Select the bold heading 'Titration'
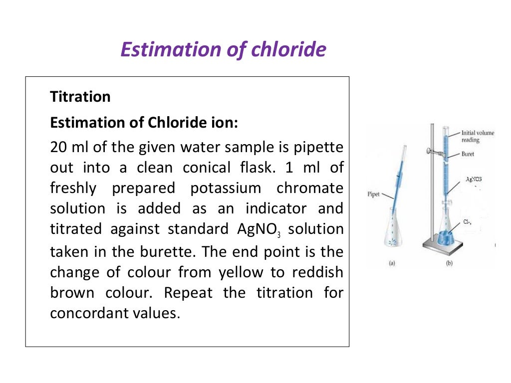pos(80,96)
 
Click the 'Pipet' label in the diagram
pos(374,194)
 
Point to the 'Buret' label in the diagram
pos(468,154)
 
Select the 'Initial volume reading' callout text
pos(478,136)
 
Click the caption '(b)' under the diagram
pos(449,264)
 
